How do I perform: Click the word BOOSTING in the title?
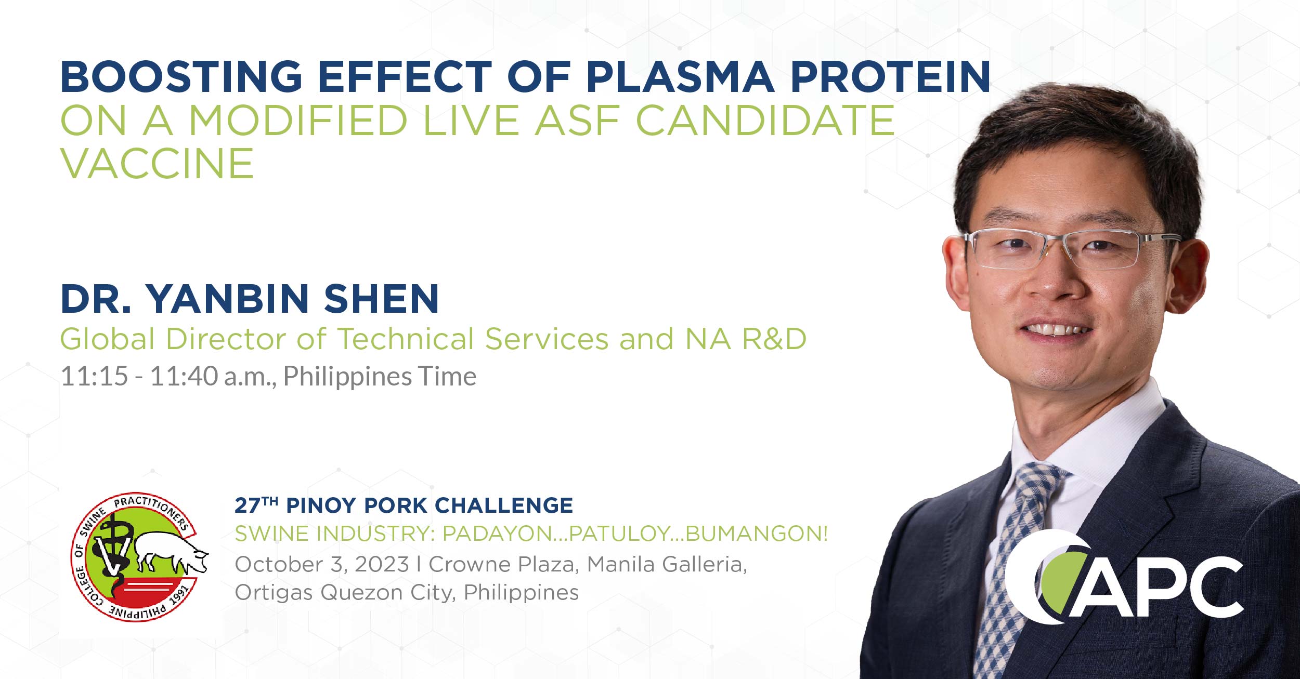(x=181, y=77)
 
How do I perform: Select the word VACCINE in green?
(x=157, y=164)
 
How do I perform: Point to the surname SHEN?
(x=381, y=299)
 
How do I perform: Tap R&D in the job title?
(x=774, y=339)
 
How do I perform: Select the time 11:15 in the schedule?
(x=94, y=376)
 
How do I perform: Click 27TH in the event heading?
(x=256, y=505)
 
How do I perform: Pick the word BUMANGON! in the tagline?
(x=757, y=534)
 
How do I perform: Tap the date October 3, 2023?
(x=321, y=565)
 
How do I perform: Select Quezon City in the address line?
(x=385, y=592)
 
